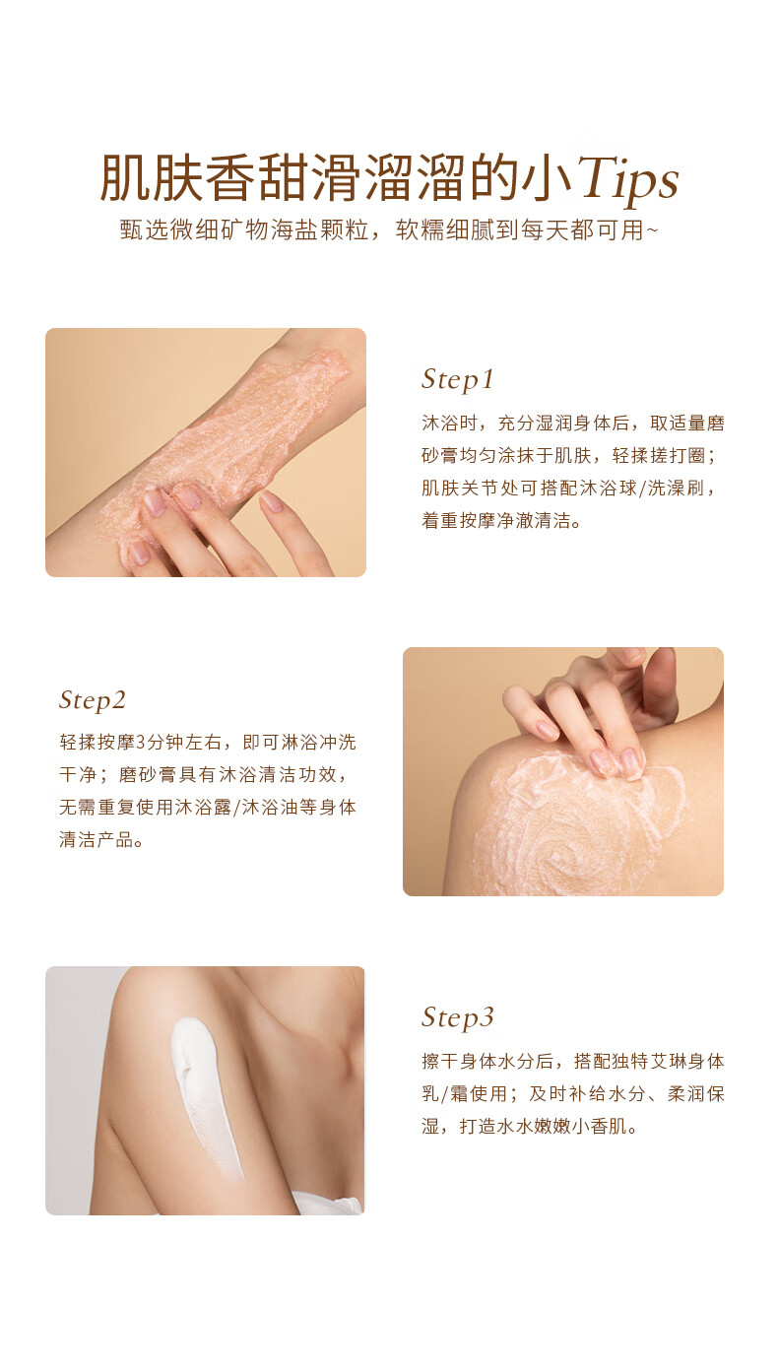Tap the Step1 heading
pyautogui.click(x=457, y=379)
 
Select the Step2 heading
pyautogui.click(x=93, y=700)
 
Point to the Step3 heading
pyautogui.click(x=457, y=1017)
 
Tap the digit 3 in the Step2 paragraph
pyautogui.click(x=140, y=743)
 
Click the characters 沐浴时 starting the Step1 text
pyautogui.click(x=450, y=423)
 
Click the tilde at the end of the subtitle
pyautogui.click(x=652, y=230)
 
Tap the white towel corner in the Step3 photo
pyautogui.click(x=328, y=1203)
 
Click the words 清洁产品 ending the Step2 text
pyautogui.click(x=97, y=840)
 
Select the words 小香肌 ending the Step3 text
pyautogui.click(x=600, y=1126)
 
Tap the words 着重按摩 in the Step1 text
pyautogui.click(x=459, y=520)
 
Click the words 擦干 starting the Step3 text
pyautogui.click(x=440, y=1062)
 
